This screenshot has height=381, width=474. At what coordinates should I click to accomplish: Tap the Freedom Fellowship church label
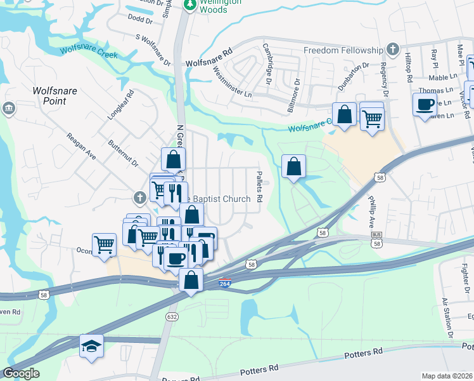coord(343,50)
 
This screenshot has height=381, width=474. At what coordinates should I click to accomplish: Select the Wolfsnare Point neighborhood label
coord(54,96)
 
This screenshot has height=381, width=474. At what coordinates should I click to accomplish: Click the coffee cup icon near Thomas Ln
coord(425,104)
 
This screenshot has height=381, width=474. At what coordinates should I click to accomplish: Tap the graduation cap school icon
coord(91,347)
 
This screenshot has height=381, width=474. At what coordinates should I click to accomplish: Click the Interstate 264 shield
coord(224,283)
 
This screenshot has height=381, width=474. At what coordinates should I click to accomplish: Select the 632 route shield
coord(172,316)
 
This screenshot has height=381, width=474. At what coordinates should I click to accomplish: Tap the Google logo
coord(21,373)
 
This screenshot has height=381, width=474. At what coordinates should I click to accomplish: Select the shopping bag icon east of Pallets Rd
coord(293,167)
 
